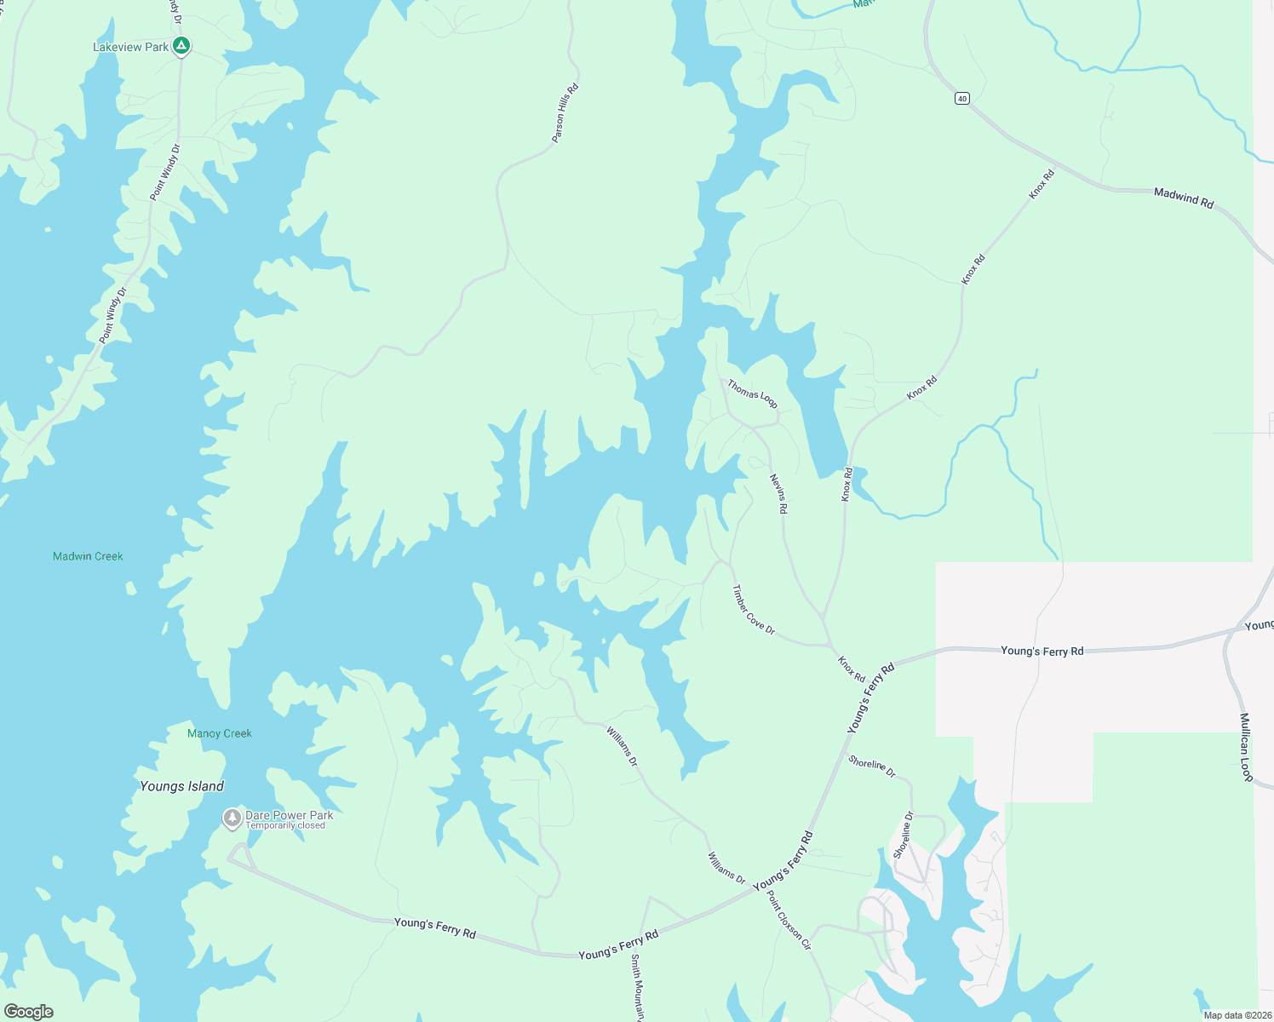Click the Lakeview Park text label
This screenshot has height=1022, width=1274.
(130, 47)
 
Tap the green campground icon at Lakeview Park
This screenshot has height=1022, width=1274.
(181, 46)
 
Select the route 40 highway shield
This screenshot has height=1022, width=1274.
(961, 99)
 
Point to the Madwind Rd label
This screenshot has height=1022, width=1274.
(1183, 198)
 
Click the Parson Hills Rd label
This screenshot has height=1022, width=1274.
(565, 112)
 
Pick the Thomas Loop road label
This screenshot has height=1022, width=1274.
(752, 393)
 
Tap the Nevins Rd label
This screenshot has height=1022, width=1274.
(778, 493)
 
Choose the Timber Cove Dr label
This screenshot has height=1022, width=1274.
(754, 610)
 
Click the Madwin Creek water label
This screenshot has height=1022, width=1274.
(88, 556)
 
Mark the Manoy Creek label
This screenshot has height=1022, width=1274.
(220, 733)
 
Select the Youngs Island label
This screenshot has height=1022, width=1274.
(181, 786)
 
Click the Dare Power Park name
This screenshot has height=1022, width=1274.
(289, 815)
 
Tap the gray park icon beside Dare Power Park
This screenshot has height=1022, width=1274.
(232, 818)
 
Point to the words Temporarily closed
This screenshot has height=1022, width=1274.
(285, 826)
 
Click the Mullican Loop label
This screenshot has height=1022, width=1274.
(1245, 746)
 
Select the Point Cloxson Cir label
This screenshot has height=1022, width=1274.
(789, 921)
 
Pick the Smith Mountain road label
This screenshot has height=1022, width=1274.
(637, 987)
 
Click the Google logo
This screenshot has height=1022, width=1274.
(28, 1012)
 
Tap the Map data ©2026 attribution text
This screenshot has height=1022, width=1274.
(1237, 1015)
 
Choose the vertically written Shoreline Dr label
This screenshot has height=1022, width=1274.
(903, 835)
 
